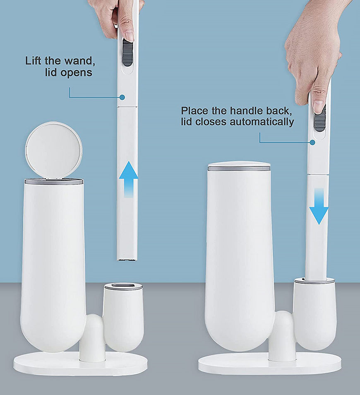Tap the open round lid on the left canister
(x=53, y=149)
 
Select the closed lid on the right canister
(x=239, y=166)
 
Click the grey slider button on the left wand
(x=127, y=53)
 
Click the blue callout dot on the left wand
(x=122, y=97)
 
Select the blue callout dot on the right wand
(x=312, y=142)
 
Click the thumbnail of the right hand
(x=318, y=107)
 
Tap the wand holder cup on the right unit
(x=314, y=313)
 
